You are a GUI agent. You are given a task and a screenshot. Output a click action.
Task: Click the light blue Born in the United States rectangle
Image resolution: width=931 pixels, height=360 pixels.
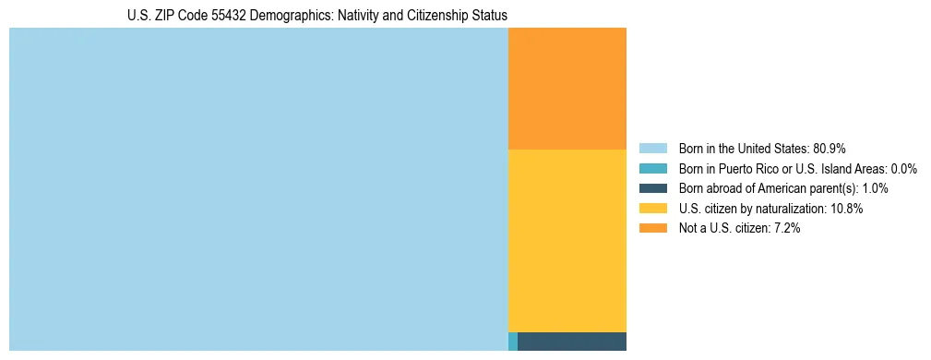258,189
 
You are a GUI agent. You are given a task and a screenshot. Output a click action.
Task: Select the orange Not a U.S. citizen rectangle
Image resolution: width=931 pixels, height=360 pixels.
567,89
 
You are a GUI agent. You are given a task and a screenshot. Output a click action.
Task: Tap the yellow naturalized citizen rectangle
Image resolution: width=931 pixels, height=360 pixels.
567,240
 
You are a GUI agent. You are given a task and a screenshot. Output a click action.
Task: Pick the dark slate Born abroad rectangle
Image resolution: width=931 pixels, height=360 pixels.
571,342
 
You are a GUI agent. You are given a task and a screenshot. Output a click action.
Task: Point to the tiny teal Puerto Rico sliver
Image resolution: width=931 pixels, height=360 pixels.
513,342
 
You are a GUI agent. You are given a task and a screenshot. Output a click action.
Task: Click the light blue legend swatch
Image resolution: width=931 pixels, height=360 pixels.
652,148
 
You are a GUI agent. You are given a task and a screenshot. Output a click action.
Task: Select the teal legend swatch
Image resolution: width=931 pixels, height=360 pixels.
652,168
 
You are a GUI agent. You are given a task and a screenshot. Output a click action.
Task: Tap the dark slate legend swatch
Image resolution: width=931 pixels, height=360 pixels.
652,188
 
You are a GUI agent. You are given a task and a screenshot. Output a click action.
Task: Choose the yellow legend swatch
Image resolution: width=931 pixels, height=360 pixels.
652,209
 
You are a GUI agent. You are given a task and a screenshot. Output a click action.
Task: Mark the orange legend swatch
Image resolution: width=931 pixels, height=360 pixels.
652,228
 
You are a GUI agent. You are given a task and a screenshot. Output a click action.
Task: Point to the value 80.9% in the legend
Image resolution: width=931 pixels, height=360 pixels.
830,148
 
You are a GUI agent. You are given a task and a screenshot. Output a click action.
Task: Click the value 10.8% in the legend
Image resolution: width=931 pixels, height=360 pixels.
846,209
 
